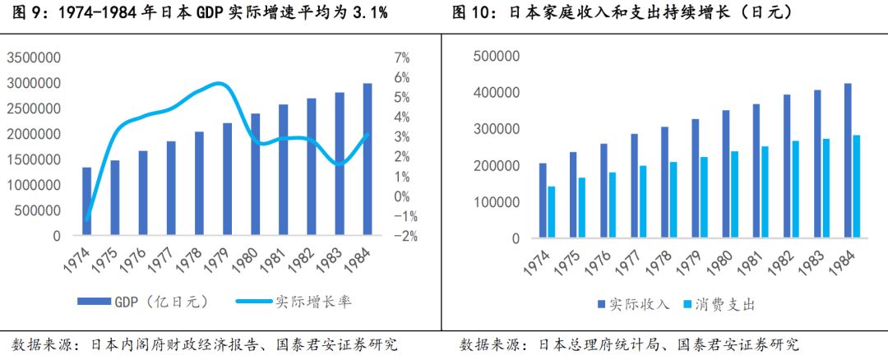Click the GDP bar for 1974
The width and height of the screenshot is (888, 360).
pyautogui.click(x=87, y=201)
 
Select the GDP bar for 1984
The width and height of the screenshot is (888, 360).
pyautogui.click(x=368, y=159)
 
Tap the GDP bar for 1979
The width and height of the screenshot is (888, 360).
pyautogui.click(x=227, y=179)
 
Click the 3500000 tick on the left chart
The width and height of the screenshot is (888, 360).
pyautogui.click(x=34, y=58)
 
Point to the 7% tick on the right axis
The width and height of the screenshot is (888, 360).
pyautogui.click(x=402, y=58)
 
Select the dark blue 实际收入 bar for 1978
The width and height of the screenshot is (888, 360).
pyautogui.click(x=664, y=182)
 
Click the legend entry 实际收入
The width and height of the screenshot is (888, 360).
pyautogui.click(x=629, y=305)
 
